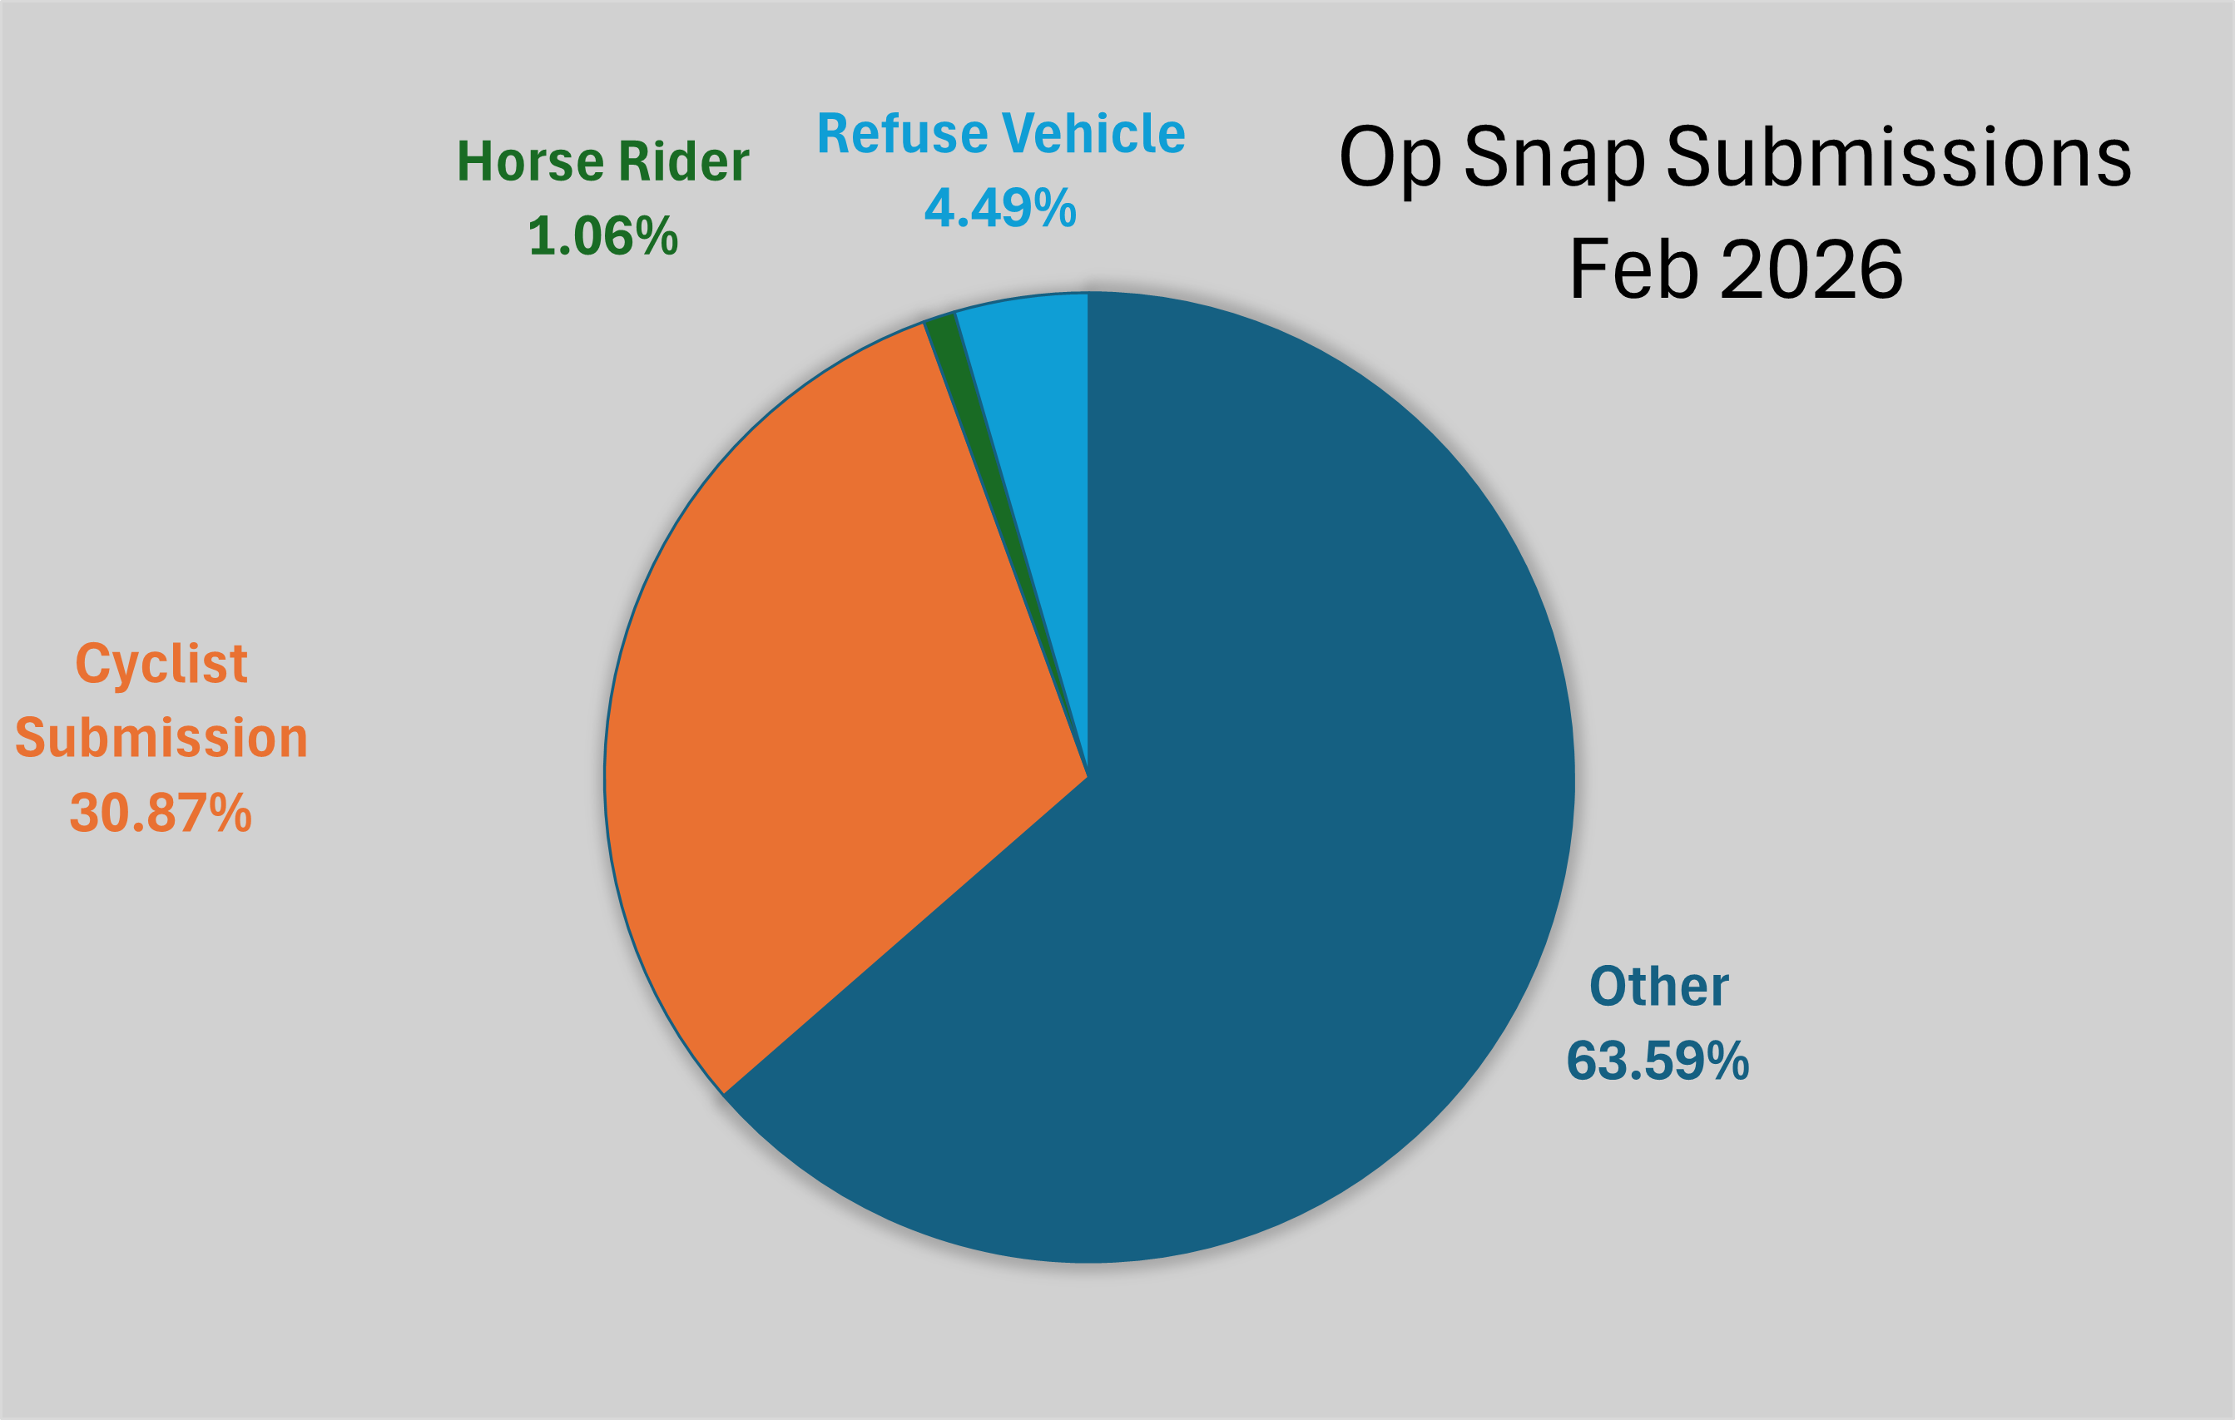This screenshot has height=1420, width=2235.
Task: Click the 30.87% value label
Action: [x=161, y=813]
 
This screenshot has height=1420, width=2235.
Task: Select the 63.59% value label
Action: [x=1658, y=1061]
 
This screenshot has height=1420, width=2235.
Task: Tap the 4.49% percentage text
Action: [x=999, y=208]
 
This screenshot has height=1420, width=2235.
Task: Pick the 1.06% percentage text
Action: [x=602, y=235]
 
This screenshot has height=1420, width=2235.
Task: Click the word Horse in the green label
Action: [x=530, y=161]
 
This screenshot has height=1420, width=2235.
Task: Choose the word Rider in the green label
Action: [x=683, y=161]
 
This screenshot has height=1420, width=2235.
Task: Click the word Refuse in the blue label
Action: [x=902, y=134]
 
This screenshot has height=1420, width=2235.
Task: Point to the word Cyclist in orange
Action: [x=161, y=665]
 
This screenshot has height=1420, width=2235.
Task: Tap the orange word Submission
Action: [x=161, y=739]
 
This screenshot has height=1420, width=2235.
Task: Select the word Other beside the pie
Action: [x=1658, y=987]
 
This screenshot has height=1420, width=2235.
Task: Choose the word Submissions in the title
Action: [x=1899, y=158]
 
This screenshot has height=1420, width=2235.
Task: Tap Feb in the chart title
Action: [x=1633, y=270]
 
